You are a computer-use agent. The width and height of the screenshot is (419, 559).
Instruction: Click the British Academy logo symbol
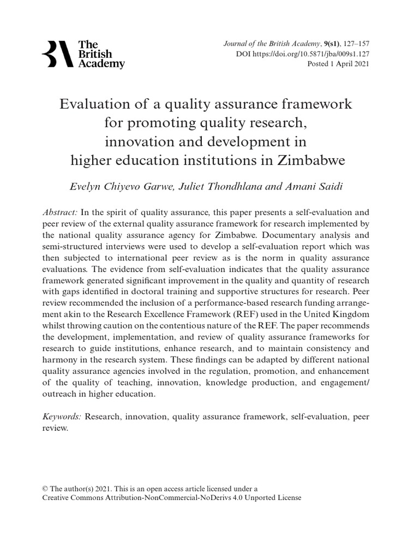(x=57, y=54)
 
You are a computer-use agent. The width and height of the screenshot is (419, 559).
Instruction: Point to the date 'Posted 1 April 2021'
(x=339, y=64)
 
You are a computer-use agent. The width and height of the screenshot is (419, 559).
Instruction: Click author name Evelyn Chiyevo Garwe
(x=112, y=186)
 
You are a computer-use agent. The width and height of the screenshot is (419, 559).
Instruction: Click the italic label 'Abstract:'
(x=60, y=212)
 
